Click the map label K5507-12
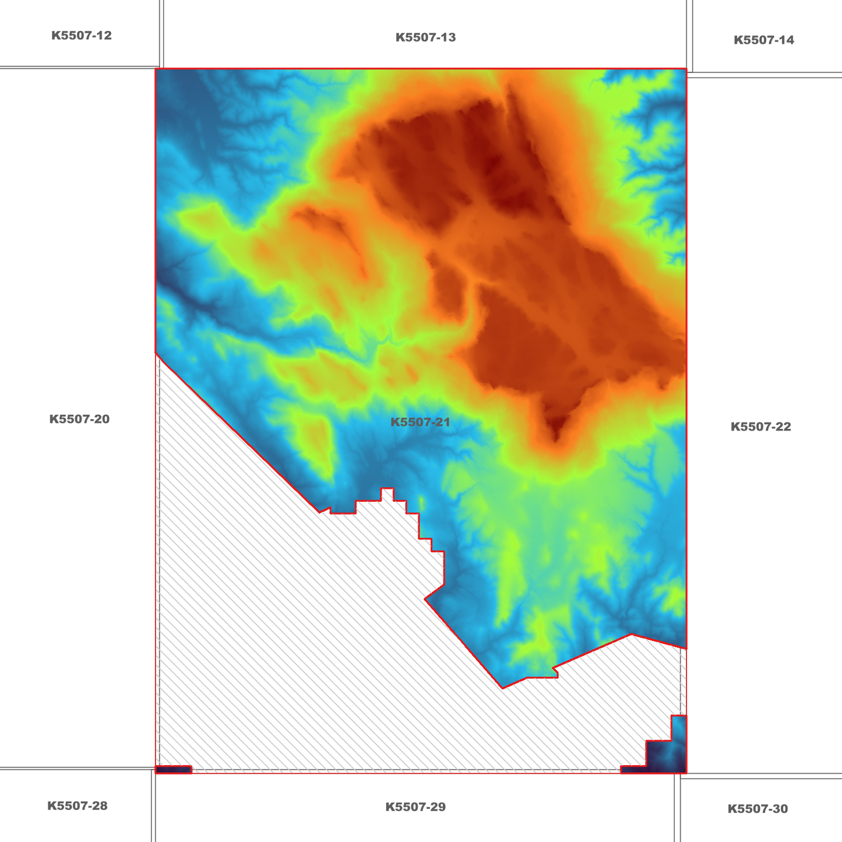[81, 36]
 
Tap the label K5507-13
[425, 38]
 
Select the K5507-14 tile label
[763, 40]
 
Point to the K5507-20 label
[79, 419]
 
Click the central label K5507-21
[420, 422]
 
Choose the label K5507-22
[760, 427]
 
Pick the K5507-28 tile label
[77, 806]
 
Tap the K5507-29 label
[415, 807]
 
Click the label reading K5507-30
[758, 809]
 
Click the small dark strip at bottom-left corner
[174, 770]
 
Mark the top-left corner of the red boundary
[156, 69]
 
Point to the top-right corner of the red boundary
[686, 69]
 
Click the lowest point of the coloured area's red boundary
[503, 688]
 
